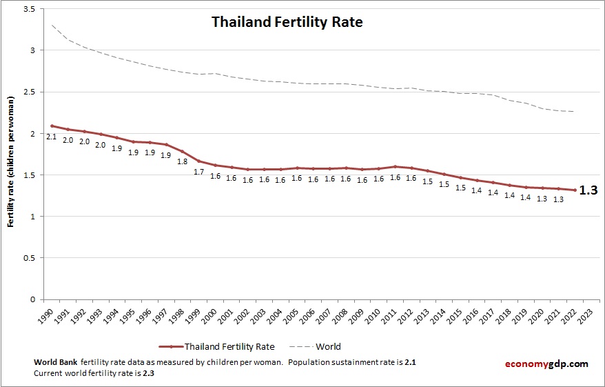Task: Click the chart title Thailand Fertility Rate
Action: [287, 22]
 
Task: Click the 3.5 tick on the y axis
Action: [30, 9]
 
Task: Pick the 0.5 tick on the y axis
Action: [30, 258]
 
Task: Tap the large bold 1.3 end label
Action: [588, 191]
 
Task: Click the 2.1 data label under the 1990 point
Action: [51, 137]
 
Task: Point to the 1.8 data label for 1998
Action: [182, 161]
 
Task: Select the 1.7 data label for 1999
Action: [198, 172]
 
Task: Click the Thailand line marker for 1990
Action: [52, 126]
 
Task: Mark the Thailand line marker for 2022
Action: [574, 190]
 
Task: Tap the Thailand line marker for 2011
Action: [395, 166]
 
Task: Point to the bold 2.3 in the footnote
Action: [148, 373]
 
